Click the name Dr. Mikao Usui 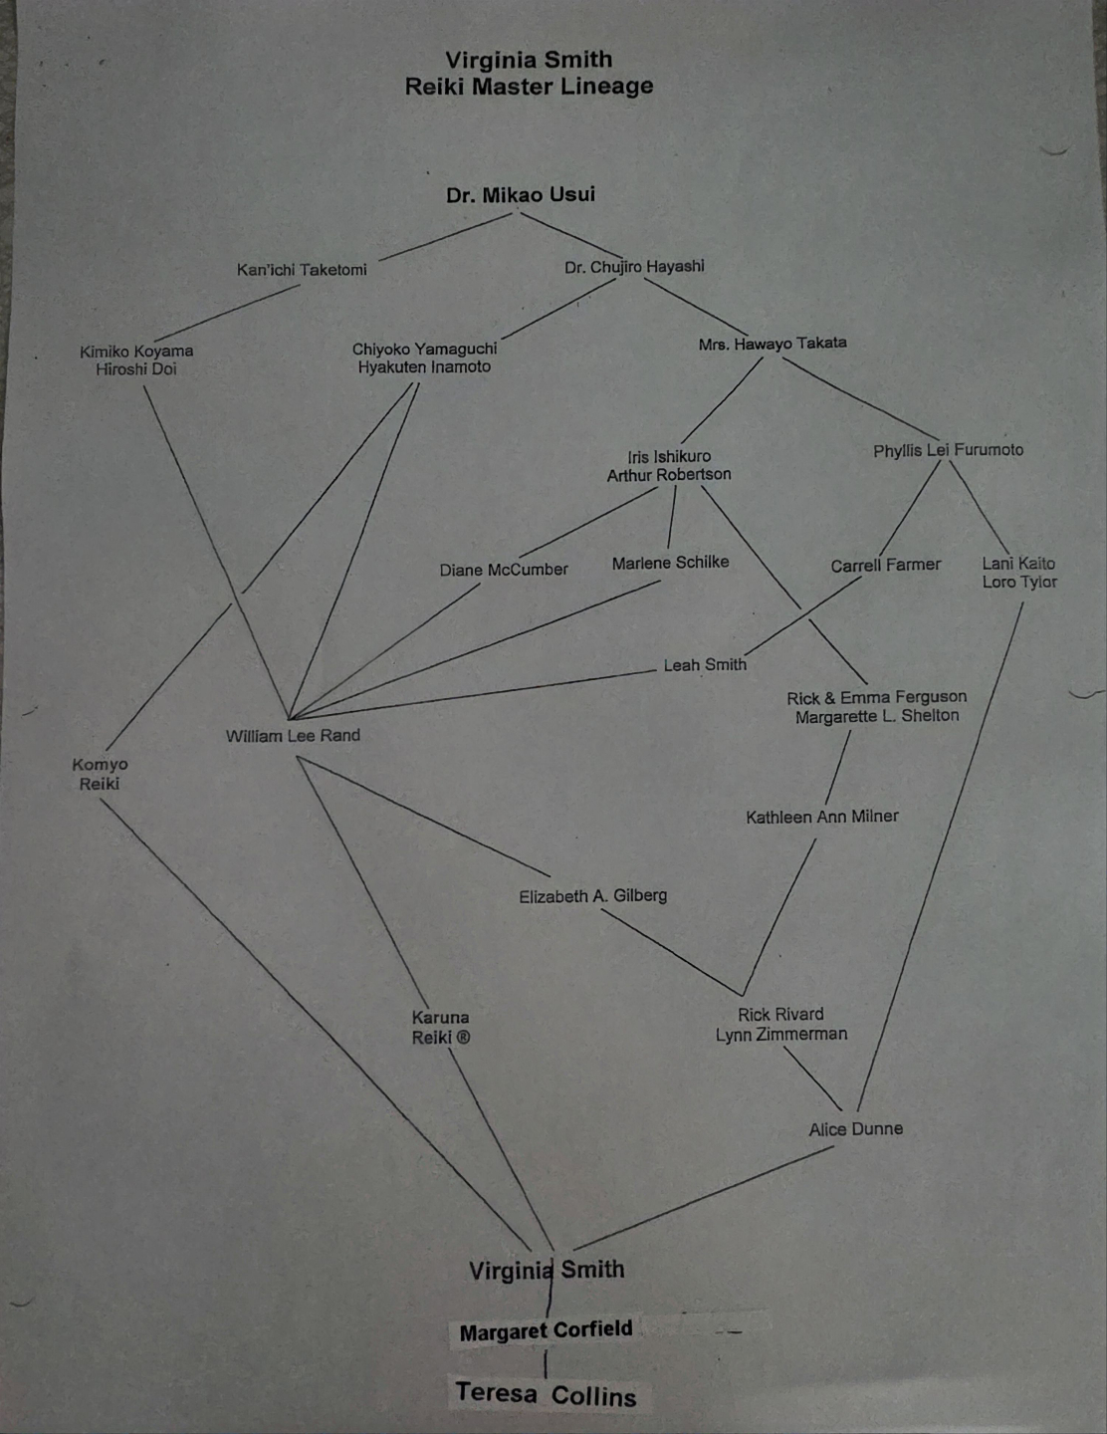pyautogui.click(x=521, y=194)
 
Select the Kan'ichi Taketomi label pyautogui.click(x=302, y=270)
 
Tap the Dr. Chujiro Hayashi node pyautogui.click(x=634, y=267)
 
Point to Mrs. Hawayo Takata pyautogui.click(x=773, y=344)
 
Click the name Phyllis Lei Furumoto pyautogui.click(x=948, y=450)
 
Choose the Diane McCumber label pyautogui.click(x=504, y=570)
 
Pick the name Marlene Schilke pyautogui.click(x=670, y=563)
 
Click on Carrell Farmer pyautogui.click(x=885, y=565)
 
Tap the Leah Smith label pyautogui.click(x=705, y=664)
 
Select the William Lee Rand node pyautogui.click(x=293, y=736)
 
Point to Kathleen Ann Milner pyautogui.click(x=821, y=817)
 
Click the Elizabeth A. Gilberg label pyautogui.click(x=592, y=896)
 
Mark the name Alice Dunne pyautogui.click(x=855, y=1129)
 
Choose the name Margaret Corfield pyautogui.click(x=546, y=1330)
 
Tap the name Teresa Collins pyautogui.click(x=546, y=1394)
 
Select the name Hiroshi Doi pyautogui.click(x=136, y=369)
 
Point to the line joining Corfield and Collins pyautogui.click(x=546, y=1362)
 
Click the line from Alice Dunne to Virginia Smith pyautogui.click(x=704, y=1197)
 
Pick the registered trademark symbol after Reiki pyautogui.click(x=463, y=1038)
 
